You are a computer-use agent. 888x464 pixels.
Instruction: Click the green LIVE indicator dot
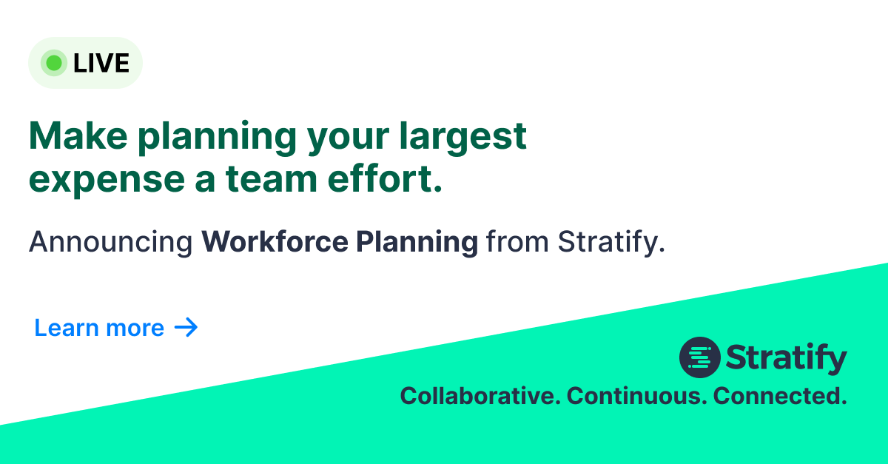(53, 63)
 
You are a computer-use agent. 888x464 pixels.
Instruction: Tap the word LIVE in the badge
(101, 64)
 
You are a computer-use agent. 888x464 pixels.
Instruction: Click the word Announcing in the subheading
(110, 243)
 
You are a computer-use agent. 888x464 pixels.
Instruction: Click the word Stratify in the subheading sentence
(610, 243)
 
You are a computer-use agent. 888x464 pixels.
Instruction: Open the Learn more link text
(99, 328)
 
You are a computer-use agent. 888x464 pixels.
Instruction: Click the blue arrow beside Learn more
(186, 327)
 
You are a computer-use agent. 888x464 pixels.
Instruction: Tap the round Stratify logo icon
(699, 358)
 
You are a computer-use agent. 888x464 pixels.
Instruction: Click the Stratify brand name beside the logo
(787, 359)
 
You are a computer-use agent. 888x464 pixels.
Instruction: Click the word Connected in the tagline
(780, 396)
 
